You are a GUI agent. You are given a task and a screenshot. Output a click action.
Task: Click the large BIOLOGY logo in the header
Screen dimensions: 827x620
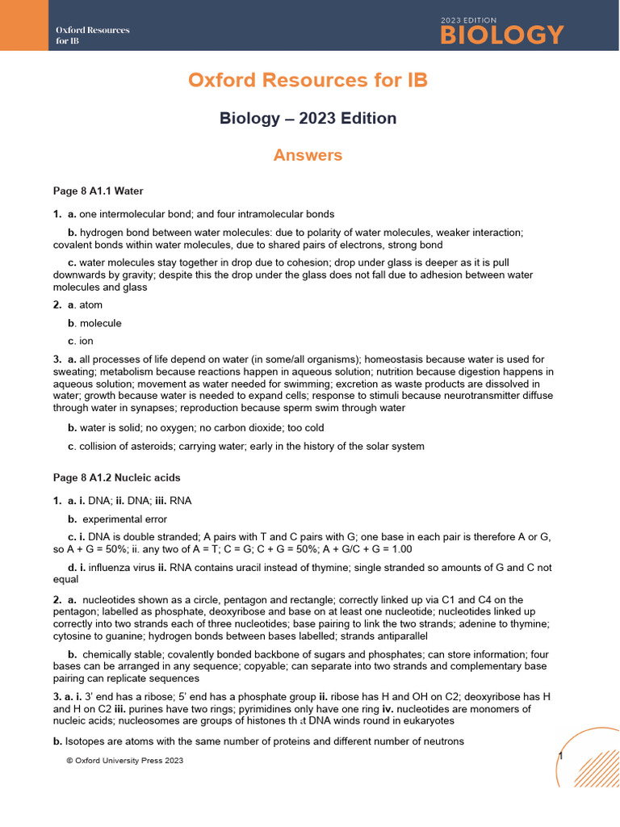501,35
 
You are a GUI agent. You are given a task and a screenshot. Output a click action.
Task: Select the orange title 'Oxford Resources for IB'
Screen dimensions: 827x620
308,81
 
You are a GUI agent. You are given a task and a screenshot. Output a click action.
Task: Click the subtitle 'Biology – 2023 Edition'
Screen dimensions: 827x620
308,119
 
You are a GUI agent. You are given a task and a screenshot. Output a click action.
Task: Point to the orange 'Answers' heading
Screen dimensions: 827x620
308,155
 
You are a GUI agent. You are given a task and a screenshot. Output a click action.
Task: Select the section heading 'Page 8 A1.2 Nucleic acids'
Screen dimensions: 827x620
116,478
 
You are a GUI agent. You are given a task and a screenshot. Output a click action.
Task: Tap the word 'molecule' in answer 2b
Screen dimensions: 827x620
100,323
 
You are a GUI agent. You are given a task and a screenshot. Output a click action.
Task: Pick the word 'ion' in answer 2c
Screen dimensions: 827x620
86,341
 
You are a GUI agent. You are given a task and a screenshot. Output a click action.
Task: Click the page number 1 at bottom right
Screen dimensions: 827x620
559,755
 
